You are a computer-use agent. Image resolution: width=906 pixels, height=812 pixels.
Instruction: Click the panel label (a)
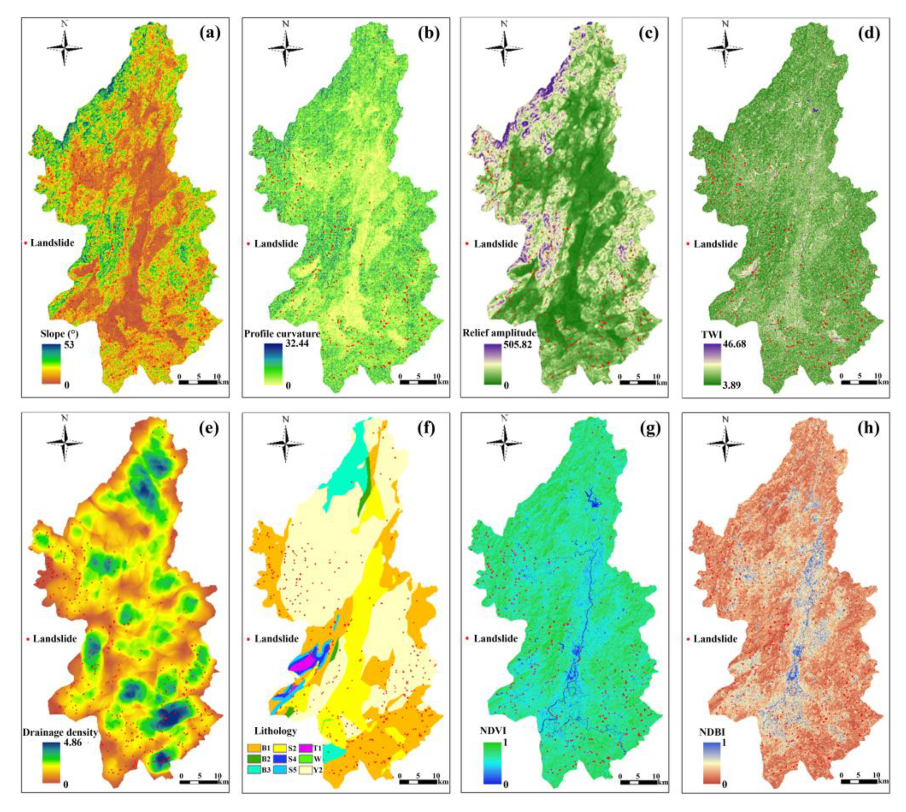click(209, 34)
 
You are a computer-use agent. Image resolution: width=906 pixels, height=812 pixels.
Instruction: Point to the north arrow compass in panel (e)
click(65, 440)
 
